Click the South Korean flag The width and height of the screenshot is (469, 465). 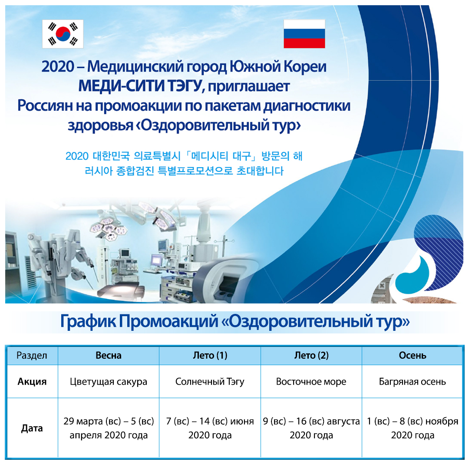[x=63, y=34]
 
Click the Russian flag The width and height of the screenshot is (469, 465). [x=304, y=34]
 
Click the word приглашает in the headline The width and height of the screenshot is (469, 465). [x=248, y=87]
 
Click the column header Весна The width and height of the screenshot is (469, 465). [x=109, y=355]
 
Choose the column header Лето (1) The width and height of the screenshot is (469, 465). [x=210, y=355]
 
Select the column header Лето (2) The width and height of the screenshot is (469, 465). [x=311, y=355]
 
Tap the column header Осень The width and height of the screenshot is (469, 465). [x=413, y=355]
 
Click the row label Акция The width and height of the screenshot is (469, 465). [x=32, y=382]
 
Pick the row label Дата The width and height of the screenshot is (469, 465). [x=32, y=428]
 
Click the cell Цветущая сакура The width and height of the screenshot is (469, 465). [x=109, y=382]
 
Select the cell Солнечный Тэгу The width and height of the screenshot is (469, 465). [x=210, y=382]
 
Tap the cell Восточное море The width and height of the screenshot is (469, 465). [x=311, y=382]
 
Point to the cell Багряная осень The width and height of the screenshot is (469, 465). [x=413, y=382]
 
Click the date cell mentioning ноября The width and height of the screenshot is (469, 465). [x=413, y=428]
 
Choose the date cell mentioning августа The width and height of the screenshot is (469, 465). [x=311, y=428]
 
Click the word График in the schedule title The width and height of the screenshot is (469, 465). [x=88, y=322]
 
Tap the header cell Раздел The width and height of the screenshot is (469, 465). [x=32, y=356]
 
